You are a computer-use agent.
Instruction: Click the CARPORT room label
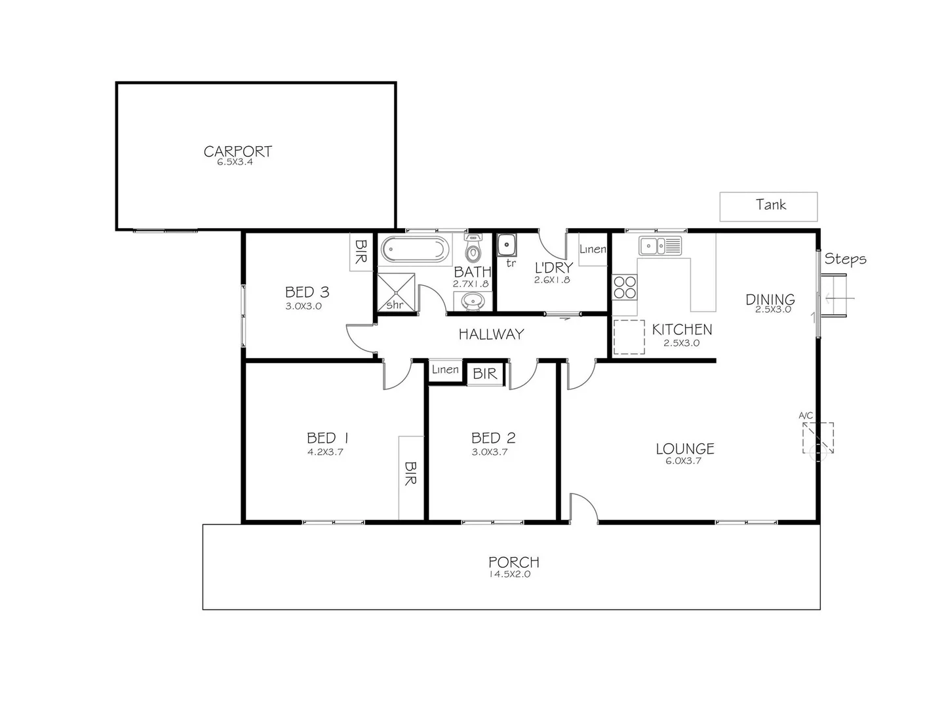237,151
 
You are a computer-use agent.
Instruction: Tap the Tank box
768,206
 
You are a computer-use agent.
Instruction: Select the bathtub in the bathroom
416,250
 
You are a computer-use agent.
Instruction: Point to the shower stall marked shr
395,292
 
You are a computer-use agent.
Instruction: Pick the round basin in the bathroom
473,301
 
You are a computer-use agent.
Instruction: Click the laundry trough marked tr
506,246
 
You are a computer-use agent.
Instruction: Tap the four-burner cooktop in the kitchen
625,286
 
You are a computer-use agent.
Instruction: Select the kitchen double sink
660,246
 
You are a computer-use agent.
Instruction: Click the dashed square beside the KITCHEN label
629,337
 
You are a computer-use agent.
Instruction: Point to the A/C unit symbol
817,438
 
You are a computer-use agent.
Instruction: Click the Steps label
845,259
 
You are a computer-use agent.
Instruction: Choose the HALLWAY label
491,334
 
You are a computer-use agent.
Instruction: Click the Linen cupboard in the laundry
593,250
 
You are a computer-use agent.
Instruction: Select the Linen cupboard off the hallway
445,370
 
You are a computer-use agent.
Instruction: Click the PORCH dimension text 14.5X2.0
509,575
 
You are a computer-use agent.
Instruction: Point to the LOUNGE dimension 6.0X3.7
684,461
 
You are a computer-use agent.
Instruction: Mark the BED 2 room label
493,438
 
